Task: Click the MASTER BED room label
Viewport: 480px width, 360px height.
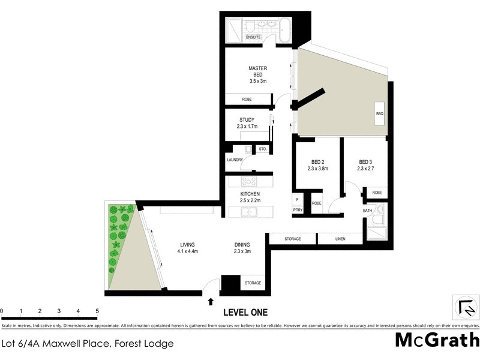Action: point(257,71)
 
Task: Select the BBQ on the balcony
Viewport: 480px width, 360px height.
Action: point(379,113)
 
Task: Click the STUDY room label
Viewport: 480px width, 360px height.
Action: point(247,120)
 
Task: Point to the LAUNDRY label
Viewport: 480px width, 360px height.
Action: point(235,160)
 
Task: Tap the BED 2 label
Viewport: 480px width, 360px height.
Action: point(318,162)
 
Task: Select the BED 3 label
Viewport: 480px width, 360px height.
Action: point(365,162)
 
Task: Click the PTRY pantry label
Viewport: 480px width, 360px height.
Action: point(298,209)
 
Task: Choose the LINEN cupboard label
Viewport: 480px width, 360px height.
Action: point(340,239)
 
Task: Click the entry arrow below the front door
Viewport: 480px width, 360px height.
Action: point(211,302)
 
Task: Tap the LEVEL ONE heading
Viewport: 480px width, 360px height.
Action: point(245,313)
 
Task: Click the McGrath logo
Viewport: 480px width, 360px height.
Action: point(436,340)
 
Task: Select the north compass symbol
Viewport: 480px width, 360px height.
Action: point(465,307)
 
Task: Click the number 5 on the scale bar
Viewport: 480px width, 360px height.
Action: point(97,311)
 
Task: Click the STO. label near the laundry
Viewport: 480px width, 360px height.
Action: point(262,148)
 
